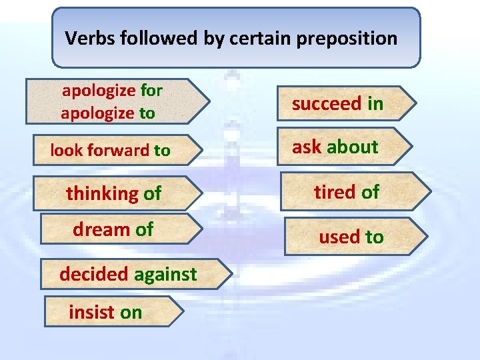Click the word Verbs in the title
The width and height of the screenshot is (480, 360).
[x=91, y=38]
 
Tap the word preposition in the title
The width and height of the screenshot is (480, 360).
[x=347, y=39]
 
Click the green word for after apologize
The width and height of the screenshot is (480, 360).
[x=151, y=90]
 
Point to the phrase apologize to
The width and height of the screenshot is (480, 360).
[x=107, y=113]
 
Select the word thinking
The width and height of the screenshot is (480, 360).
[x=102, y=194]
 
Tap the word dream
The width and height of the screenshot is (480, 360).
[x=101, y=229]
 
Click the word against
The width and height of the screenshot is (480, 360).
[x=165, y=274]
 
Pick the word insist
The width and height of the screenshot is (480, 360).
[x=91, y=312]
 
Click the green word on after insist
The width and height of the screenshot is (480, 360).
[x=131, y=313]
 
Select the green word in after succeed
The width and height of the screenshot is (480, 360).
[x=375, y=103]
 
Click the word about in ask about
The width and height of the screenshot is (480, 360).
[x=353, y=147]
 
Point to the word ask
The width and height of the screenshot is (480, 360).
[x=307, y=147]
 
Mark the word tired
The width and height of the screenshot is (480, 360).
[x=335, y=192]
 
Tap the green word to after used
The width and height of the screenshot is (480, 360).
[x=373, y=237]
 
